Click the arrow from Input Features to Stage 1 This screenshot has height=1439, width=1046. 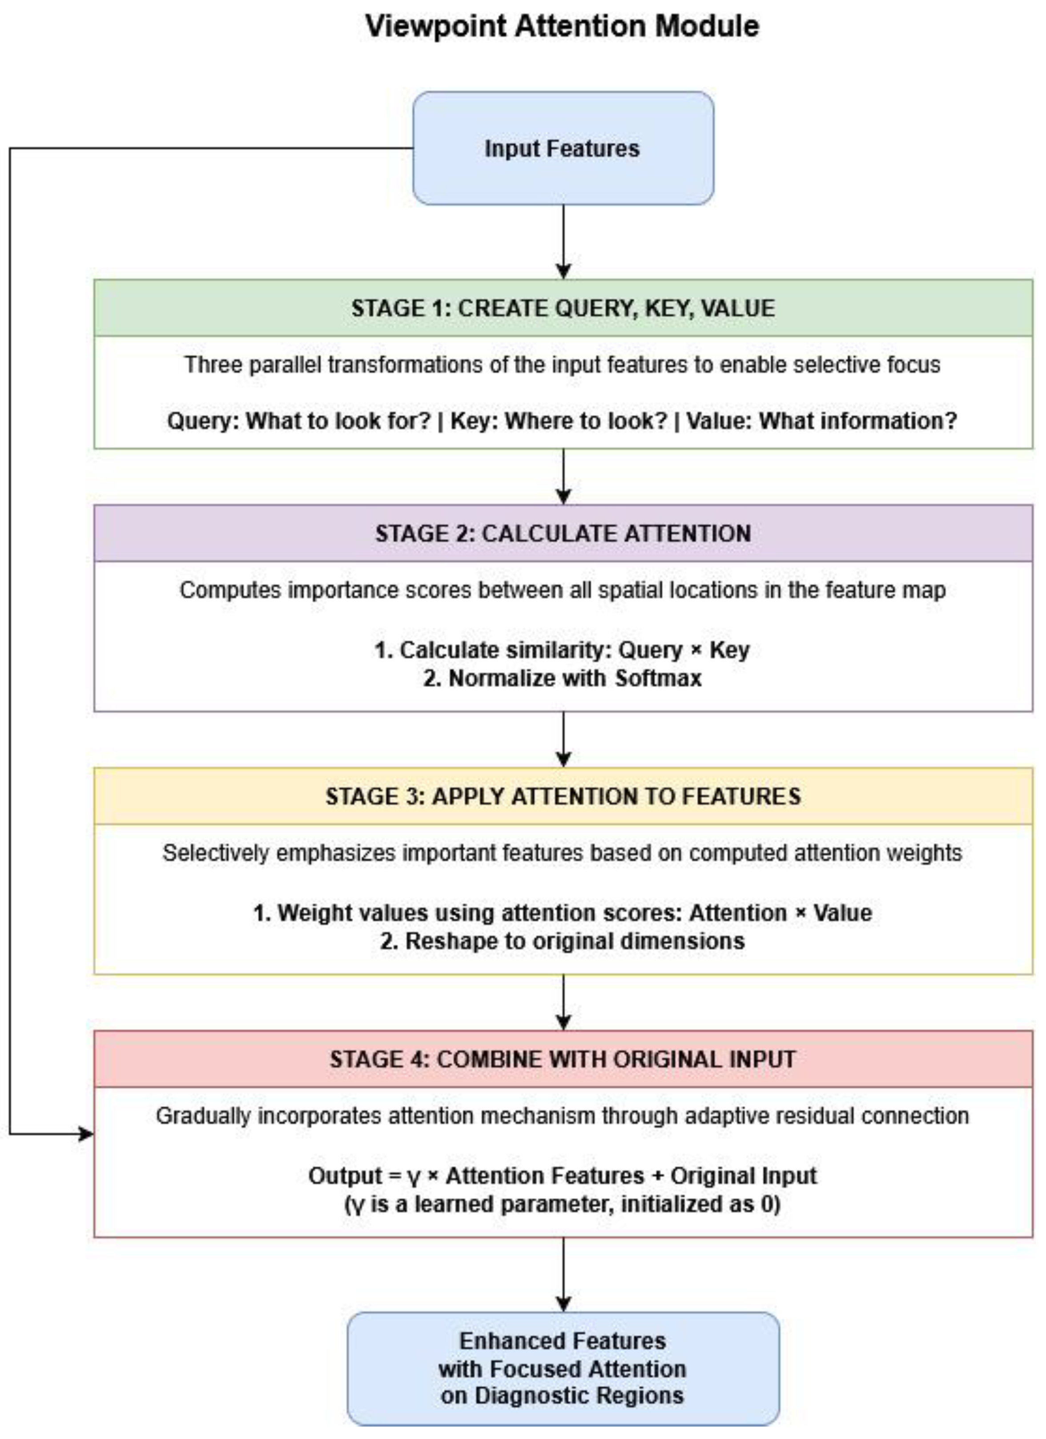point(563,241)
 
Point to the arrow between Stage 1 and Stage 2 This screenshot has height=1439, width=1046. point(563,476)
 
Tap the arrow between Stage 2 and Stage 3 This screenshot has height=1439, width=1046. point(563,739)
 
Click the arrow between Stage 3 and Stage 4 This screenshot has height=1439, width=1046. point(563,1002)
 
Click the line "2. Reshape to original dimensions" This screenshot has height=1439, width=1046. point(562,941)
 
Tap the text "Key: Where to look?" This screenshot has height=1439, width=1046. point(558,420)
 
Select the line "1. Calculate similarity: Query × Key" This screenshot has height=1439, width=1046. point(562,650)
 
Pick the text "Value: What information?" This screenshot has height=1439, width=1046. point(821,420)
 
